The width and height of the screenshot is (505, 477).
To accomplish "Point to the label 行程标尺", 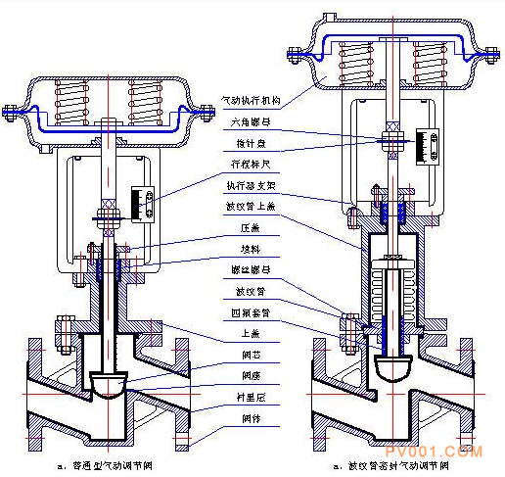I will coord(252,166).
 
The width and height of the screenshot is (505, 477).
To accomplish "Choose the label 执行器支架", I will coord(252,186).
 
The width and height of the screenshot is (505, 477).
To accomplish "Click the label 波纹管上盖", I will coord(252,206).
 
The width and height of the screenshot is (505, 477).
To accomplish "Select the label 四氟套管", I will coord(252,311).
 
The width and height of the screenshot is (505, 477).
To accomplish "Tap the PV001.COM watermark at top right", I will coord(459,20).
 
